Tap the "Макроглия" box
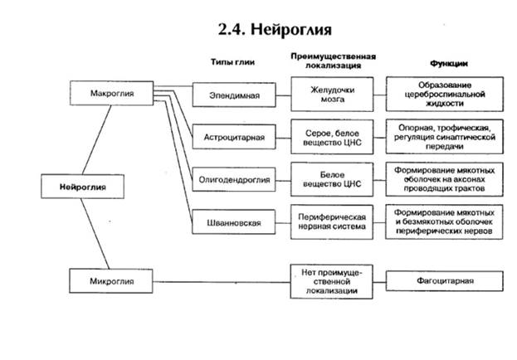coord(112,93)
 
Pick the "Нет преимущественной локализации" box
coord(332,280)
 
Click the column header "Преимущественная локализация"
coord(333,60)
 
